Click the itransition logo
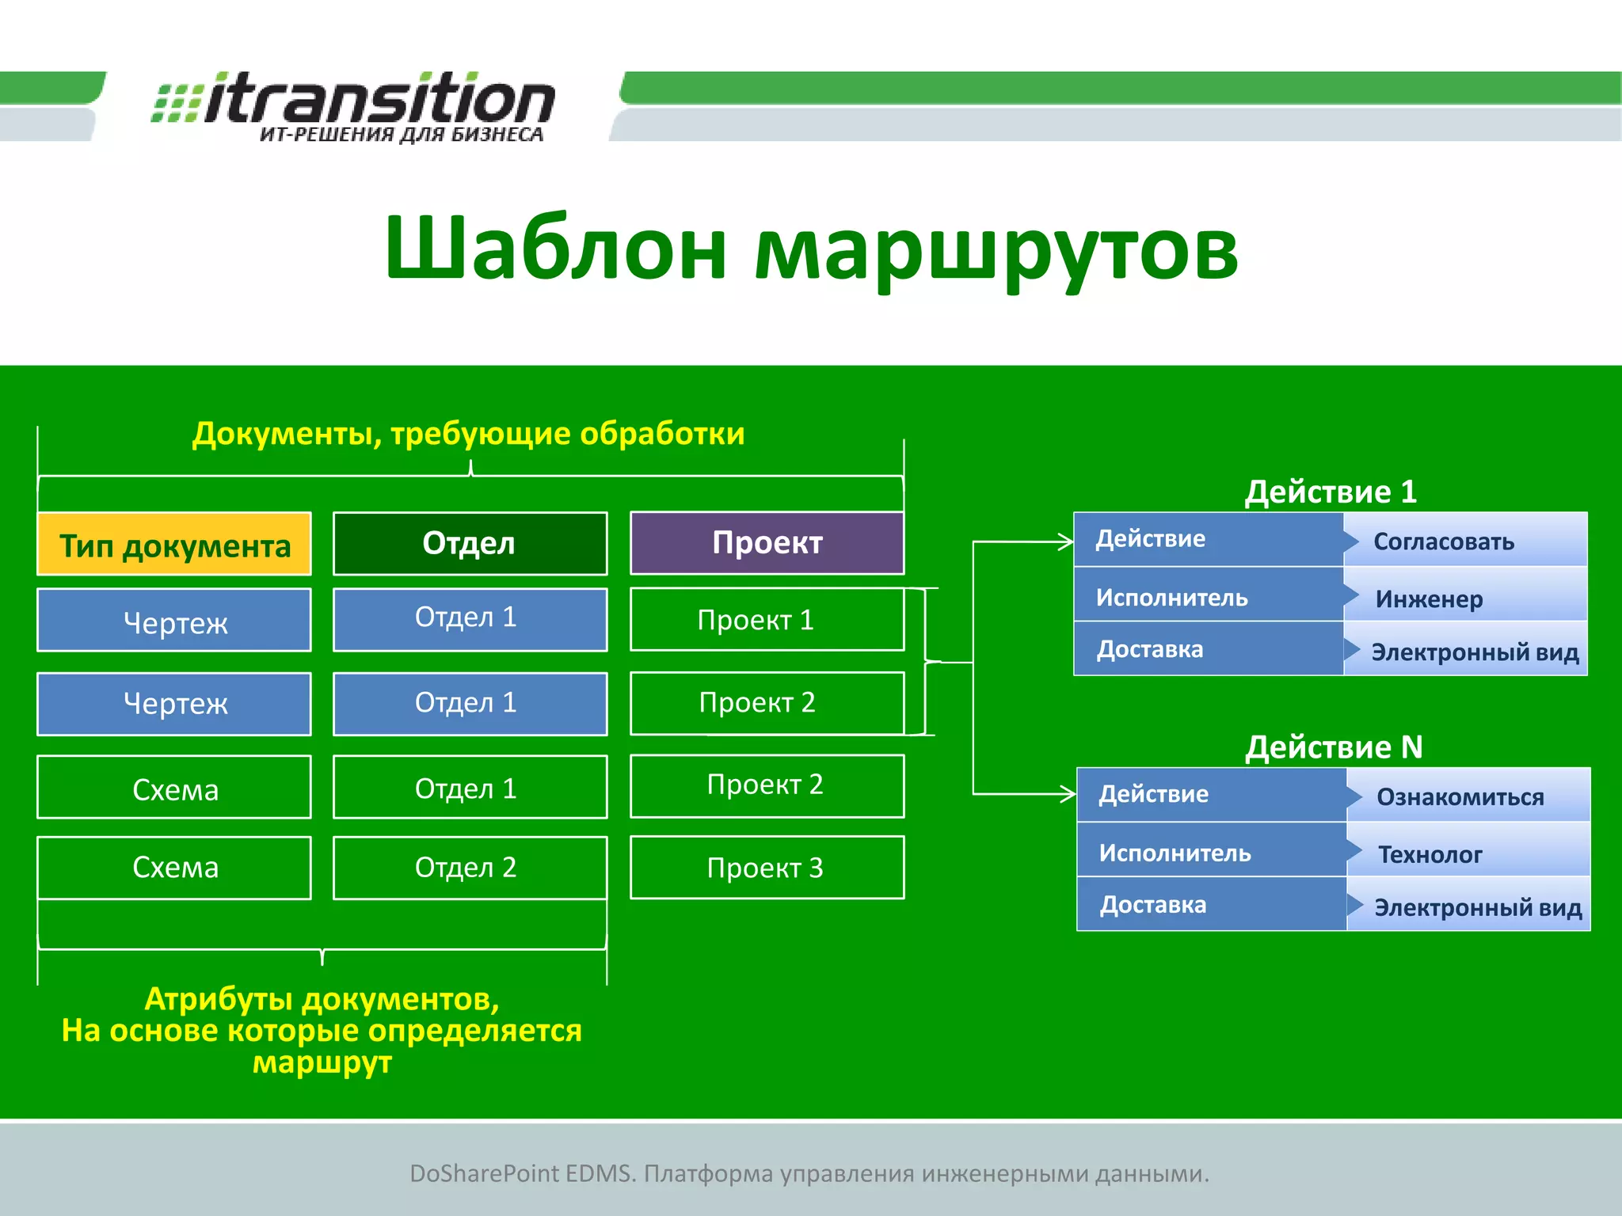[355, 107]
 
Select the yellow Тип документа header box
[174, 544]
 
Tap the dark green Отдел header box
[470, 543]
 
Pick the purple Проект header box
[767, 543]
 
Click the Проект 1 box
[767, 619]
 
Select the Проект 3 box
[767, 868]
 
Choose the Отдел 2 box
[470, 868]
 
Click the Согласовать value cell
[1465, 541]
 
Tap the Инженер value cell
[1465, 598]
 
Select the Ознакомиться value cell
[1468, 796]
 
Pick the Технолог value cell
[1468, 853]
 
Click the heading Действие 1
[1331, 492]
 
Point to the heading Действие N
[1334, 747]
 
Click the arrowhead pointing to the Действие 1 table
[1067, 542]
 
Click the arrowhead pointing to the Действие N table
[1069, 793]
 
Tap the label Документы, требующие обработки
[469, 433]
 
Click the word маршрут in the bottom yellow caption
[322, 1062]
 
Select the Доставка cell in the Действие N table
[1212, 904]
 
